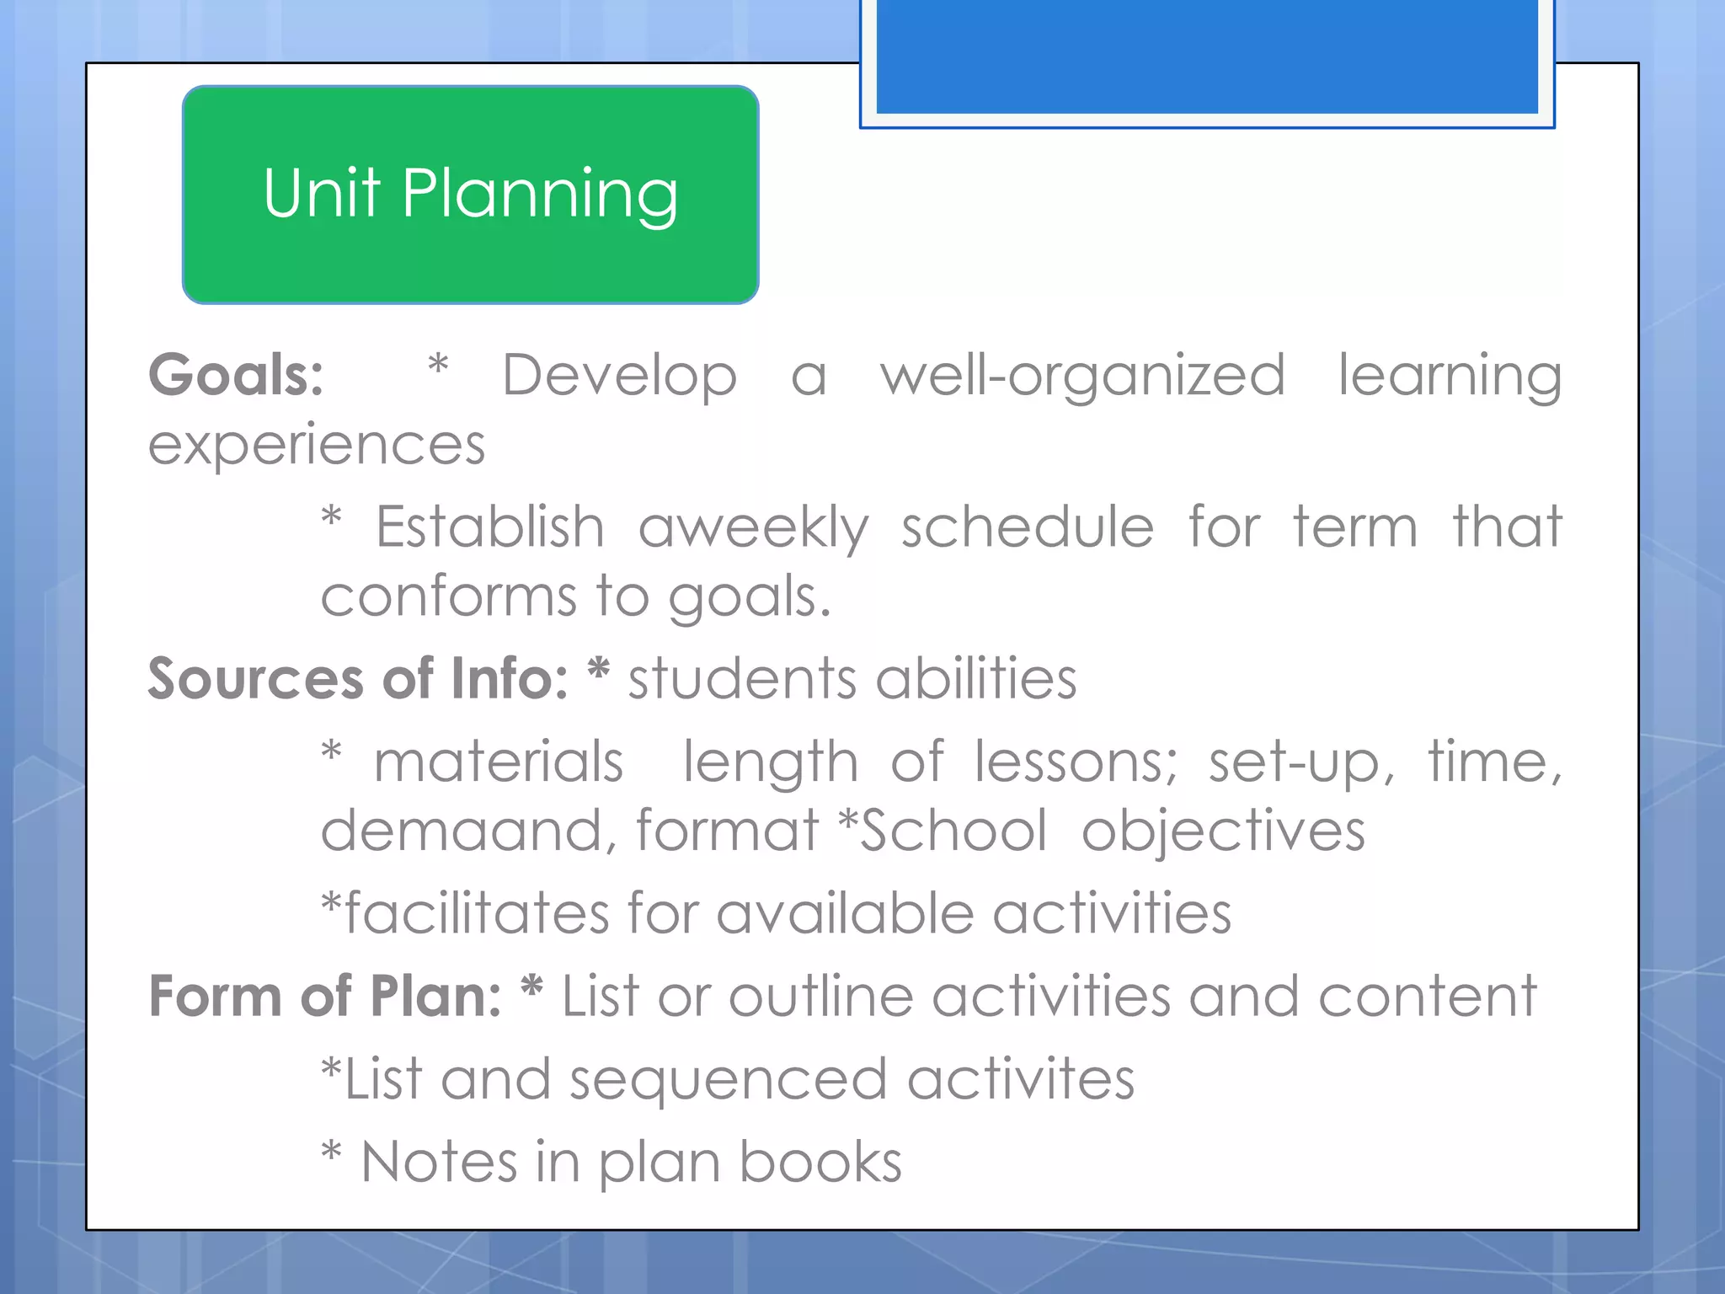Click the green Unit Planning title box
pos(470,195)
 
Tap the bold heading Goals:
pos(236,375)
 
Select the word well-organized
pos(1082,375)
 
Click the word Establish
pos(489,527)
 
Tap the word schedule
pos(1028,527)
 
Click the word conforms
pos(448,596)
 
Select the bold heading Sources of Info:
pos(358,678)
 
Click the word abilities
pos(976,678)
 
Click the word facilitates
pos(477,913)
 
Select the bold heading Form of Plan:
pos(325,997)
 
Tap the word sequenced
pos(729,1080)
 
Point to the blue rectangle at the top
pos(1207,56)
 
